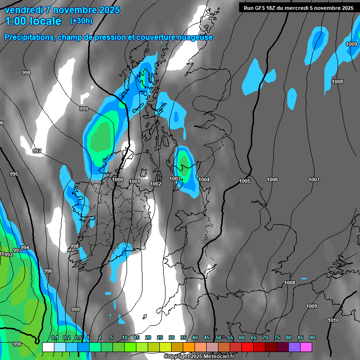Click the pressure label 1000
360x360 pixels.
(118, 180)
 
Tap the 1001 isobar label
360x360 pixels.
(135, 181)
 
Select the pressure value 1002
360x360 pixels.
(156, 184)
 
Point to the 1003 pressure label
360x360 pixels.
(175, 179)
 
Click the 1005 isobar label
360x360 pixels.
(245, 181)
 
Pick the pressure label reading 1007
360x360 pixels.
(314, 180)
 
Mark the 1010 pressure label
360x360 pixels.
(333, 320)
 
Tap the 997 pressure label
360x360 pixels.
(37, 151)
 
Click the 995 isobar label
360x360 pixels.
(14, 174)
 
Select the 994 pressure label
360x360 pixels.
(25, 247)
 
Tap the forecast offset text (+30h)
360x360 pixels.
(81, 21)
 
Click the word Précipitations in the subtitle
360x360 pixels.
(28, 37)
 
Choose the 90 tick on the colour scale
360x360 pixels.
(312, 337)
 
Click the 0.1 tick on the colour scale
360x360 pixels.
(54, 337)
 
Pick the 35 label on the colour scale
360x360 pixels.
(183, 337)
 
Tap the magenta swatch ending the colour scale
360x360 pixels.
(306, 347)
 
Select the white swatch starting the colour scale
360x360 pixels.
(48, 347)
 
